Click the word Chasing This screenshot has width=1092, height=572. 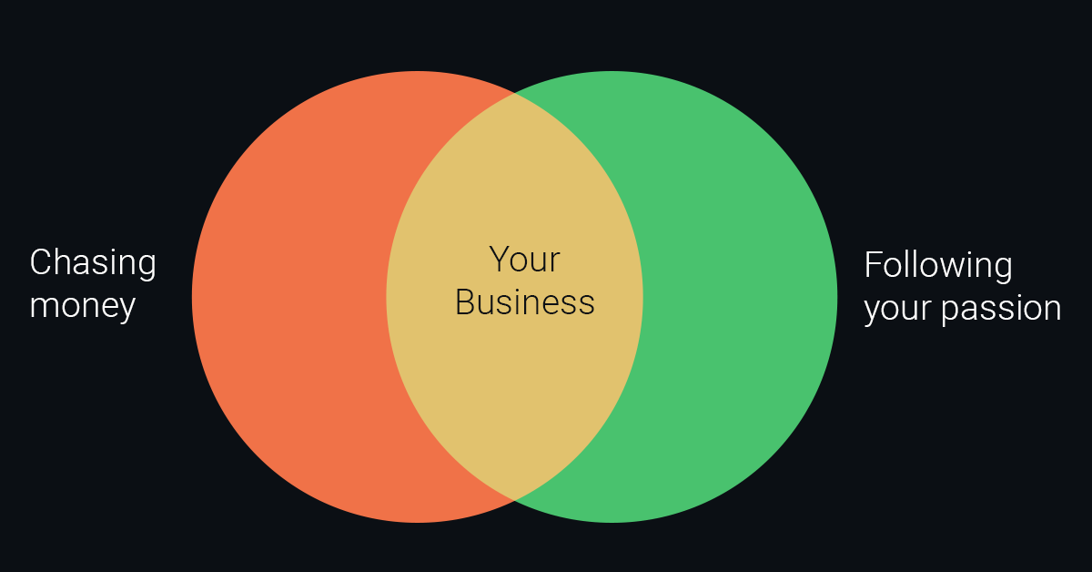[93, 263]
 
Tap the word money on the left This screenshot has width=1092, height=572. [83, 308]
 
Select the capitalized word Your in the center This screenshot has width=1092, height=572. [524, 260]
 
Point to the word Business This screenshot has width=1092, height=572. [525, 302]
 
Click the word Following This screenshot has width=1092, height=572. [938, 266]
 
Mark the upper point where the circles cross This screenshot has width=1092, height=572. [515, 92]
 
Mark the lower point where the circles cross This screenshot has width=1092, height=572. [515, 501]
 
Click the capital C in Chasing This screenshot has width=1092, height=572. [40, 262]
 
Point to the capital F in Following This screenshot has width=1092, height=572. [873, 264]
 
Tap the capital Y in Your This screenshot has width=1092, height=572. [500, 259]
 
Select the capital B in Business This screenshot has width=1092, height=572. [465, 301]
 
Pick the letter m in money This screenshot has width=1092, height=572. [45, 307]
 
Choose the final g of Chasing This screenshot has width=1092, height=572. [147, 269]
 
